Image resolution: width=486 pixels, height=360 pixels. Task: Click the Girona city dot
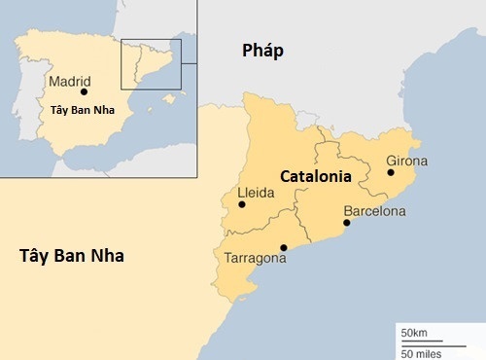tap(391, 172)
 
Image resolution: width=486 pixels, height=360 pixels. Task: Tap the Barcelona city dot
tap(347, 223)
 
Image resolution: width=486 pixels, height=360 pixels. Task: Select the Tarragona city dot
tap(283, 246)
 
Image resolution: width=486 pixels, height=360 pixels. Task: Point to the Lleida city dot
tap(242, 204)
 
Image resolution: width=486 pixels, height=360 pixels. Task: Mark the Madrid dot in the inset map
tap(85, 92)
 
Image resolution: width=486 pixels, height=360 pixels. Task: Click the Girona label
tap(406, 160)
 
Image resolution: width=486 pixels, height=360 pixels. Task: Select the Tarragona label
tap(255, 259)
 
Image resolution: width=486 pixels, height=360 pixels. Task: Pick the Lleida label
tap(257, 193)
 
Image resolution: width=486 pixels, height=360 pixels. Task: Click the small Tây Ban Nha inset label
tap(82, 109)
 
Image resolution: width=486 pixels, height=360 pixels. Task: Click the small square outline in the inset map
tap(151, 63)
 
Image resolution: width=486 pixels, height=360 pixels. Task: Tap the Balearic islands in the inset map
tap(169, 98)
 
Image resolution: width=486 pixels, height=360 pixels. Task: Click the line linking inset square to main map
tap(189, 63)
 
